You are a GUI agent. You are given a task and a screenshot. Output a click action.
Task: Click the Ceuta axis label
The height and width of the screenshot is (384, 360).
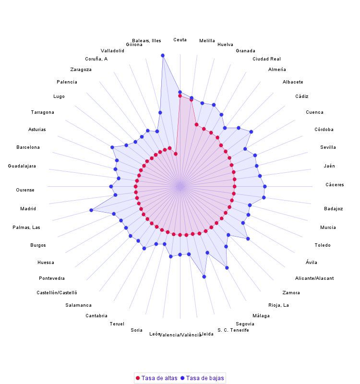[x=180, y=39]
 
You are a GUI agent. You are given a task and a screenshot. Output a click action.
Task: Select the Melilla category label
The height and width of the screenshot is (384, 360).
[x=207, y=41]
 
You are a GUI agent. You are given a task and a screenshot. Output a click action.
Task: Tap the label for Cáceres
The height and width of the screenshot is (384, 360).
[x=335, y=185]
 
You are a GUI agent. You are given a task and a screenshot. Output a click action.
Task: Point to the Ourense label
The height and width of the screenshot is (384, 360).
[x=25, y=190]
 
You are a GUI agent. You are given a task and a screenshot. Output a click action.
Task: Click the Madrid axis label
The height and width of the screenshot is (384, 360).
[x=28, y=209]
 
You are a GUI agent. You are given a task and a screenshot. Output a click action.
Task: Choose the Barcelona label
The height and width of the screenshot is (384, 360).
[x=28, y=147]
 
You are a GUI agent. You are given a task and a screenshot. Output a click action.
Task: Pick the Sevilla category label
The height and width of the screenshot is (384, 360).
[x=328, y=147]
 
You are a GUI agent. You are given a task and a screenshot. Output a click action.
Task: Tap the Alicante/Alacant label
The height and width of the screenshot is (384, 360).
[x=314, y=278]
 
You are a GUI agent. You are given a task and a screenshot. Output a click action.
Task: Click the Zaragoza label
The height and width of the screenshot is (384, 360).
[x=81, y=70]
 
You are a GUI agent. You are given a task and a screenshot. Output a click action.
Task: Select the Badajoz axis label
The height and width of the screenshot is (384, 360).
[x=333, y=209]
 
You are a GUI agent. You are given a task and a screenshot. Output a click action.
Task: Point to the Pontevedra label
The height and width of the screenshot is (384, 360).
[x=52, y=278]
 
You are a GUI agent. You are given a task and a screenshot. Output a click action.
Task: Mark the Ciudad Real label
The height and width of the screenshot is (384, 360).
[x=266, y=59]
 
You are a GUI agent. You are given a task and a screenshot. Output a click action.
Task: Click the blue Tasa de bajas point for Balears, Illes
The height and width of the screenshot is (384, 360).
[x=163, y=56]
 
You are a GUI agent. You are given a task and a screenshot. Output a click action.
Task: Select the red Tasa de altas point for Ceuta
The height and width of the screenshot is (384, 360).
[x=180, y=96]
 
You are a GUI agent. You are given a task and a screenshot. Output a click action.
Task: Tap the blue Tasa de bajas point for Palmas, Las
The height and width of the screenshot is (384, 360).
[x=91, y=210]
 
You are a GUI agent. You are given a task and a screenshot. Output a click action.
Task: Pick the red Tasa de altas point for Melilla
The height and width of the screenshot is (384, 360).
[x=191, y=100]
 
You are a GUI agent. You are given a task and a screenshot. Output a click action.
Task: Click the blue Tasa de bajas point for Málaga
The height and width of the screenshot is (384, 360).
[x=227, y=267]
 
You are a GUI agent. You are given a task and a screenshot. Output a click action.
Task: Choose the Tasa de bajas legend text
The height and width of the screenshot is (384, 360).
[x=205, y=378]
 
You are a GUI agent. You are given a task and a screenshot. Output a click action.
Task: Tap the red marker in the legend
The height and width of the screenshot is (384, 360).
[x=138, y=378]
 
